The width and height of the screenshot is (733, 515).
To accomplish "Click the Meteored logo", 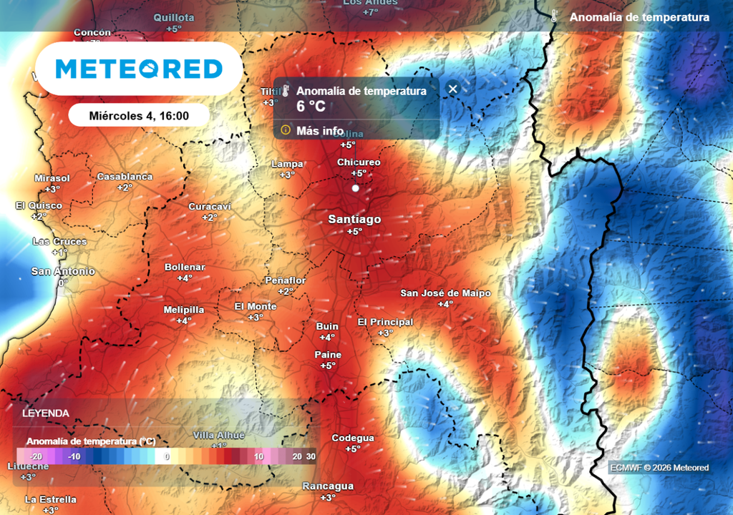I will [139, 69].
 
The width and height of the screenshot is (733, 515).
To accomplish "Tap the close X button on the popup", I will [452, 89].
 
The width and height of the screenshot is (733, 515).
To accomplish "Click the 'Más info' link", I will [319, 130].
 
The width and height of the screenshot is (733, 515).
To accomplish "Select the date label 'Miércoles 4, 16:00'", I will [139, 115].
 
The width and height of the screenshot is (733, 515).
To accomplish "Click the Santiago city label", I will [354, 220].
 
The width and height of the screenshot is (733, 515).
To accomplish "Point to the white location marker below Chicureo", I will [355, 188].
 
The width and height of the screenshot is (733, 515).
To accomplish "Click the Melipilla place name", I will [184, 310].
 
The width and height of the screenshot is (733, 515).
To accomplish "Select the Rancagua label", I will [328, 486].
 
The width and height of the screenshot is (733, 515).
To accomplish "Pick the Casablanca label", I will [125, 177].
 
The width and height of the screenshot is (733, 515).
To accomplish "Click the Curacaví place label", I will [210, 207].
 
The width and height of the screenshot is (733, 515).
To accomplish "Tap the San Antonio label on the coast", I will [63, 271].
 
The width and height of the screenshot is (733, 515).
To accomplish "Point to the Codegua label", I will [353, 438].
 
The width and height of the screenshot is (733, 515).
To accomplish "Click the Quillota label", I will [174, 17].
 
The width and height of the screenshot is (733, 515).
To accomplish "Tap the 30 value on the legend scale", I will [310, 456].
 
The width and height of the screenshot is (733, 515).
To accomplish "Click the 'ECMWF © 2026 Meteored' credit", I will [659, 468].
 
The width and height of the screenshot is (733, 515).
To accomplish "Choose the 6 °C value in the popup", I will [311, 107].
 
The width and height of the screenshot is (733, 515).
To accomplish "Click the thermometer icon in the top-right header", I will [554, 16].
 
